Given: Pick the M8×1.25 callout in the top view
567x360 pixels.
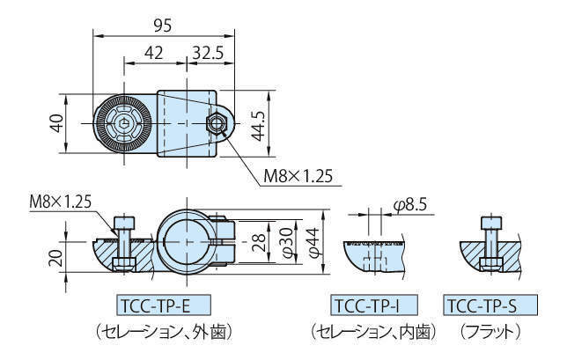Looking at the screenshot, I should point(298,176).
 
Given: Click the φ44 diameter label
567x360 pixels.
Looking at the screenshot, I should point(313,239).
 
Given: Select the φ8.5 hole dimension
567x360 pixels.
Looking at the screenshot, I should point(410,205).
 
